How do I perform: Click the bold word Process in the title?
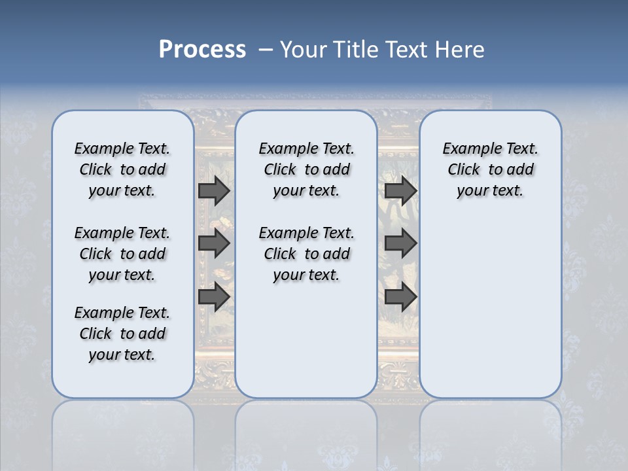202,50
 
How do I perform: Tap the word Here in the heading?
460,50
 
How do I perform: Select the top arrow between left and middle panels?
214,190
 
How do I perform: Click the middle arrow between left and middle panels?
214,243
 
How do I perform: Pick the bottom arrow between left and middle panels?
214,296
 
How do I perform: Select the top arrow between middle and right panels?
400,190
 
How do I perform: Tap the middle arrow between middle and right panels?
400,243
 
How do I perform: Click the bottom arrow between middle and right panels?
400,296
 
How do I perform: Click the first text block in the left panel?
122,169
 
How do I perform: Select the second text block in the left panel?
122,254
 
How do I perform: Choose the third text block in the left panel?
122,334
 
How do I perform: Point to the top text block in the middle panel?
306,169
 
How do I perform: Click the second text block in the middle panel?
306,254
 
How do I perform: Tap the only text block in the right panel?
490,169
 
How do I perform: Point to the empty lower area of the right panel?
490,301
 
